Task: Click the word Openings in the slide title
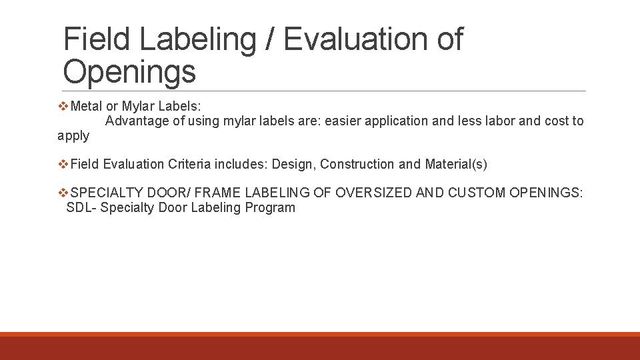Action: pyautogui.click(x=129, y=71)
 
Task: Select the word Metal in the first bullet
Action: pyautogui.click(x=87, y=106)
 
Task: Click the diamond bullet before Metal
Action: pyautogui.click(x=64, y=106)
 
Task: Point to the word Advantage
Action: pyautogui.click(x=137, y=121)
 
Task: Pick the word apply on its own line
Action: pyautogui.click(x=73, y=136)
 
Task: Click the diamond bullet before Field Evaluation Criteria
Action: pyautogui.click(x=64, y=164)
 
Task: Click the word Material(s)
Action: pyautogui.click(x=456, y=164)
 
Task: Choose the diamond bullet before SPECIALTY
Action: pyautogui.click(x=64, y=193)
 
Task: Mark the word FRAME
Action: pyautogui.click(x=218, y=193)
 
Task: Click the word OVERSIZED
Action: pyautogui.click(x=373, y=193)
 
